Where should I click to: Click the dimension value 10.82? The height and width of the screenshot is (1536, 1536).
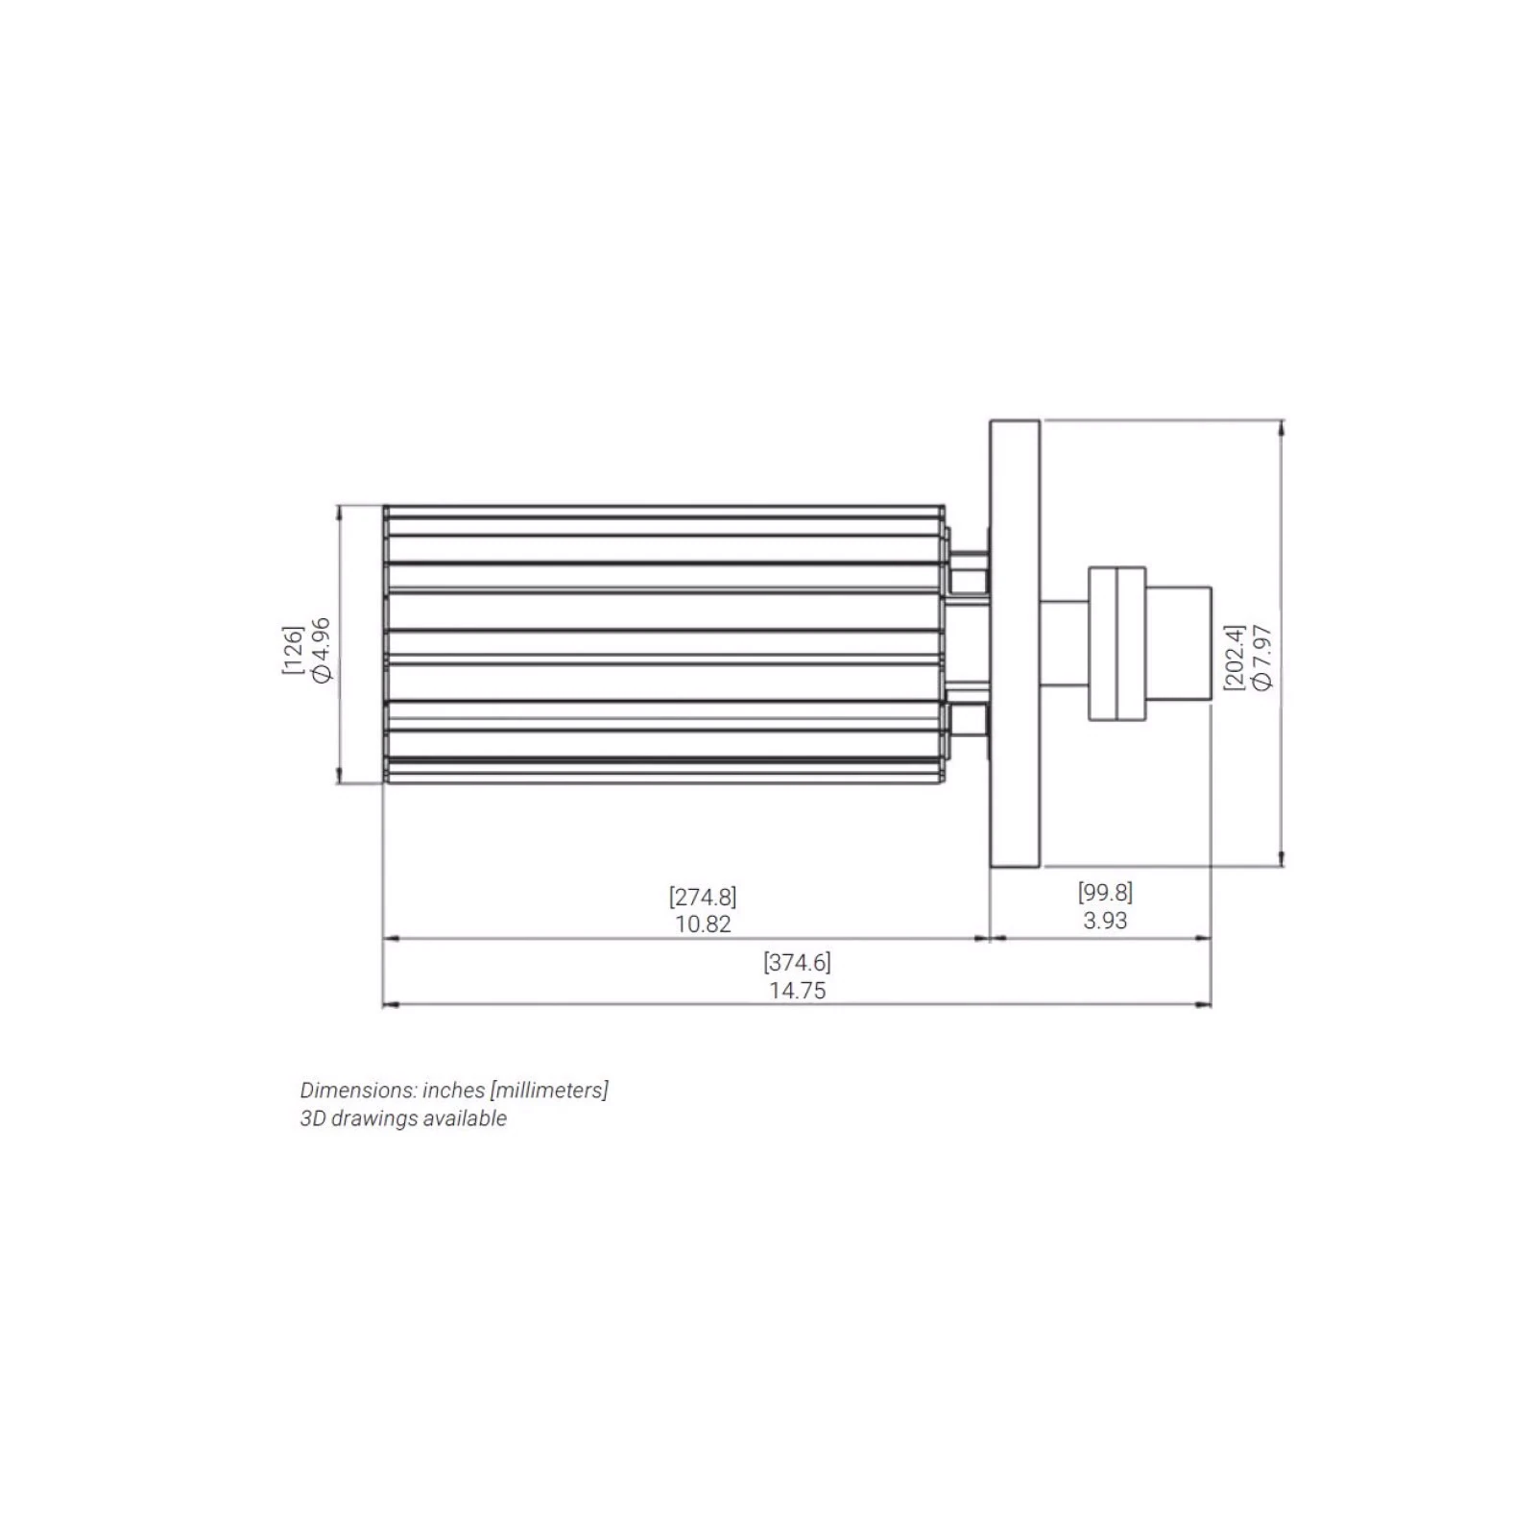click(x=703, y=924)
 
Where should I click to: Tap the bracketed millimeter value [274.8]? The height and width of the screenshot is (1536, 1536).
click(x=703, y=897)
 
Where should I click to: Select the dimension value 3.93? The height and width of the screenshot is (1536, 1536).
click(x=1105, y=921)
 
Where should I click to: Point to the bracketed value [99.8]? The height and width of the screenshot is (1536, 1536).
click(x=1105, y=893)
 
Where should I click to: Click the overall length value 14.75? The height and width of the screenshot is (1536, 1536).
click(x=798, y=991)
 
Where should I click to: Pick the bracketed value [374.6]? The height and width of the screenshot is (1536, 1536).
click(x=798, y=963)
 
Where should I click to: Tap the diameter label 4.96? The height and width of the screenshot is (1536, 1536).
click(x=321, y=650)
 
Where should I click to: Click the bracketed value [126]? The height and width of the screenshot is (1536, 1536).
click(x=293, y=650)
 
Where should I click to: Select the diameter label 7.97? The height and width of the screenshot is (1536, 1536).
click(x=1262, y=658)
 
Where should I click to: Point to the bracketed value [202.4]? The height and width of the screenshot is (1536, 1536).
click(x=1235, y=658)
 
